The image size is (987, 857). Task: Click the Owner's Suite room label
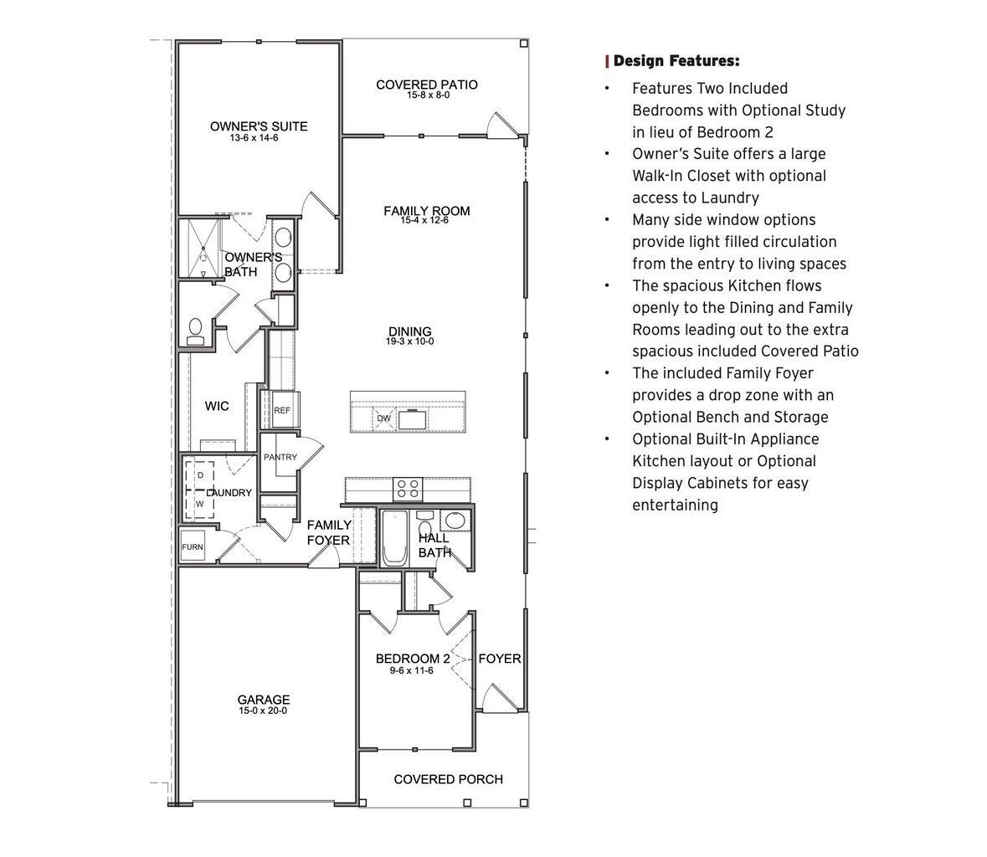click(x=258, y=126)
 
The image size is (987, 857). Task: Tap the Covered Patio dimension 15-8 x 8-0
click(x=428, y=95)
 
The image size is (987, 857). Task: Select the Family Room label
click(x=426, y=211)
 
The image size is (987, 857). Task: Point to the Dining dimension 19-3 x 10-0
click(x=409, y=342)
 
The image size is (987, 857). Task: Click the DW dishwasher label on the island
click(x=383, y=418)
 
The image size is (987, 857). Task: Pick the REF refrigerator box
click(x=282, y=410)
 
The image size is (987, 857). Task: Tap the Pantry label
click(x=280, y=458)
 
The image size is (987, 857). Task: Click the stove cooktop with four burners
click(x=408, y=488)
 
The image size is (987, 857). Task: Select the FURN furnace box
click(x=193, y=547)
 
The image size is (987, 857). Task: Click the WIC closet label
click(x=217, y=407)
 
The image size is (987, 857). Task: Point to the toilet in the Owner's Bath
click(x=196, y=331)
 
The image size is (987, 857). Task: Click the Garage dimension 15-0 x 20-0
click(x=263, y=711)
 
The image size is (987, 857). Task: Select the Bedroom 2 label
click(x=412, y=659)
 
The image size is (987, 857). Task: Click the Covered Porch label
click(x=448, y=779)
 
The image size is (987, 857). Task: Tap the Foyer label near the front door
click(x=500, y=659)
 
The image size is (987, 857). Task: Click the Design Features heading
click(x=676, y=61)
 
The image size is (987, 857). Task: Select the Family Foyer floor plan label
click(x=328, y=532)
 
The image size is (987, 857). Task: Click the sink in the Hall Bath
click(x=455, y=521)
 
